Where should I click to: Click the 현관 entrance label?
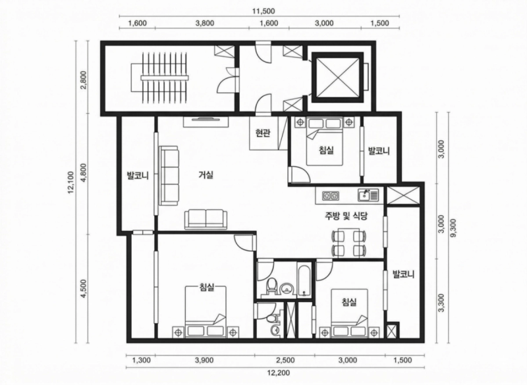click(262, 134)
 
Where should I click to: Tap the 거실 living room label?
click(206, 175)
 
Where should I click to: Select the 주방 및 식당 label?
click(346, 217)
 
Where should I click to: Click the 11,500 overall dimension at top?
click(263, 11)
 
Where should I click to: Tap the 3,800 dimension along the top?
click(205, 23)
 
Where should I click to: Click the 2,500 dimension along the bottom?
click(285, 360)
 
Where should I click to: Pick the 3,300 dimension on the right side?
click(441, 303)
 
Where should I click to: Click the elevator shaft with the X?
click(338, 77)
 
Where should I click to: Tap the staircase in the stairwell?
click(164, 78)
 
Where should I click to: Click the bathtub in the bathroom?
click(304, 279)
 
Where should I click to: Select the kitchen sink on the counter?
click(368, 195)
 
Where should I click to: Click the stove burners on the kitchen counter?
click(331, 195)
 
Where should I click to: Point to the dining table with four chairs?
click(348, 243)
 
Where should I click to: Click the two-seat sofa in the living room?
click(204, 220)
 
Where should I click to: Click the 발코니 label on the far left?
click(138, 175)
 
